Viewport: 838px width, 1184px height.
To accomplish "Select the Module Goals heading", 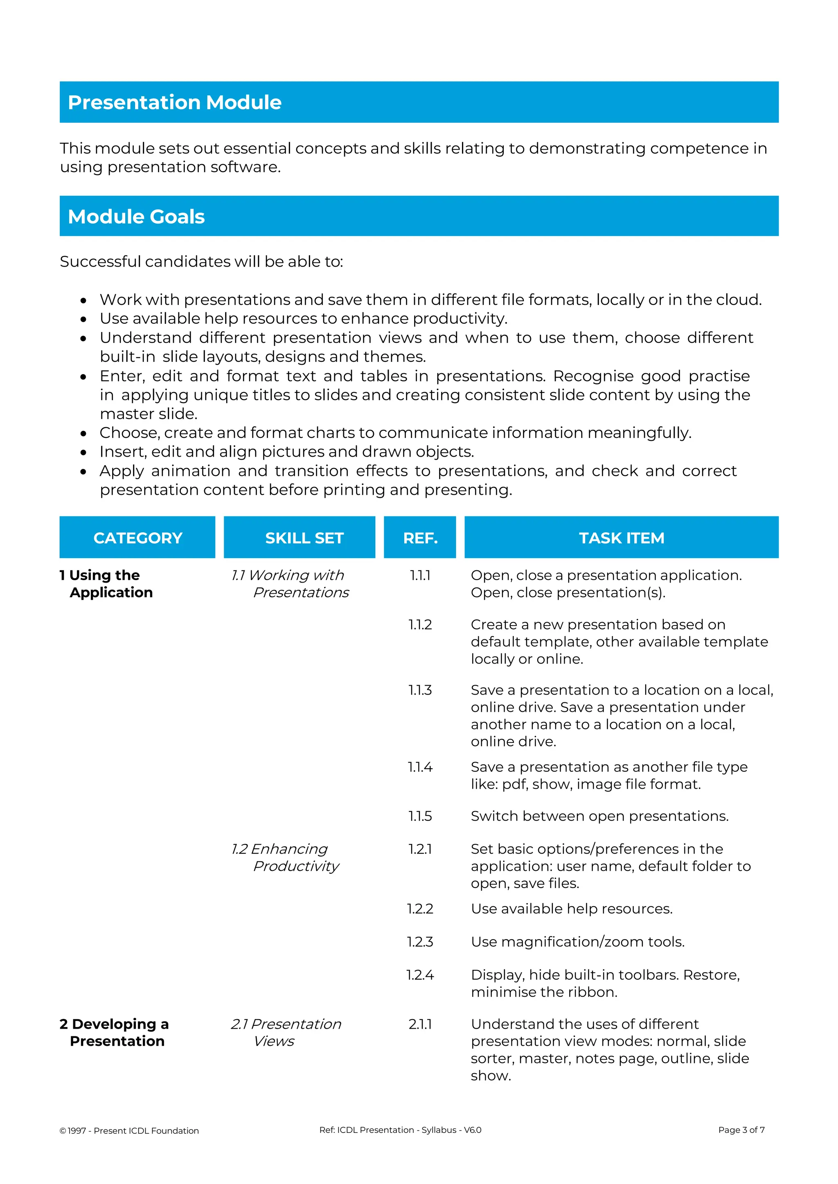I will (x=136, y=217).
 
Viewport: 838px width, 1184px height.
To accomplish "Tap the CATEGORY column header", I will (x=138, y=538).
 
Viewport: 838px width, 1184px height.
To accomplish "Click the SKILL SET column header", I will (x=304, y=538).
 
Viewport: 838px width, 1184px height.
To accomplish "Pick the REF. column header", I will (x=420, y=538).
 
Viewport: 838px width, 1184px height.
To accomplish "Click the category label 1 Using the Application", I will (x=106, y=584).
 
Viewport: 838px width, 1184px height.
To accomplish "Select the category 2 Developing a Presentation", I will (x=115, y=1032).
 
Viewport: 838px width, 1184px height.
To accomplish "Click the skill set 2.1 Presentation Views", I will (x=286, y=1032).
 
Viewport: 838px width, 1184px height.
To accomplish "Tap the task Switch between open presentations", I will (x=599, y=816).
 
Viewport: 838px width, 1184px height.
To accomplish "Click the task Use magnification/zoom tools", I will (x=577, y=942).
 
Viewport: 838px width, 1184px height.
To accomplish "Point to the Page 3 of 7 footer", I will (x=741, y=1130).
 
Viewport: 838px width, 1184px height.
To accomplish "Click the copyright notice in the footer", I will (x=129, y=1130).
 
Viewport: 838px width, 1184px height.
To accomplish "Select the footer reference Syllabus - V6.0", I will (x=451, y=1130).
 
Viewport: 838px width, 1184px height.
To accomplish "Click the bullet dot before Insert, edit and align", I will (x=83, y=453).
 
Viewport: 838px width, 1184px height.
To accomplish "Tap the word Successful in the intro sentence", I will (x=100, y=261).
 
